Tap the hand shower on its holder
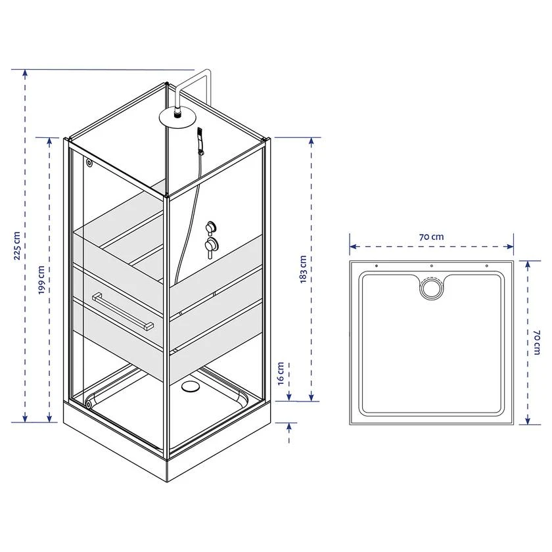(199, 143)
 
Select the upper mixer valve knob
(211, 227)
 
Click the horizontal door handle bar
(123, 311)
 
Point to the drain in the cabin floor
(191, 387)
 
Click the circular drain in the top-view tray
(431, 288)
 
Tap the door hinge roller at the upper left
(89, 162)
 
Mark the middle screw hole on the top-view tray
(431, 265)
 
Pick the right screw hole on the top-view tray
(487, 265)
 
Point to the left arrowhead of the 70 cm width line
(352, 247)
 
